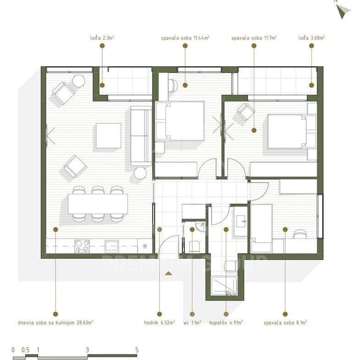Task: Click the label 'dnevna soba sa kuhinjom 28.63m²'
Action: click(x=55, y=322)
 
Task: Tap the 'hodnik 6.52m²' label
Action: click(x=160, y=322)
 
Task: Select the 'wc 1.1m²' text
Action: click(x=192, y=322)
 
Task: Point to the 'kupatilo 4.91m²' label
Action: click(x=226, y=322)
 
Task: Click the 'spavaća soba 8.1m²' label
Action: click(x=285, y=322)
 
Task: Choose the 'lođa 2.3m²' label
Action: click(x=102, y=38)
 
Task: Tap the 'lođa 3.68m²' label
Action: click(x=312, y=38)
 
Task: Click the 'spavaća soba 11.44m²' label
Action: click(x=185, y=38)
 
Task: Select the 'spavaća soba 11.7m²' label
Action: click(x=254, y=38)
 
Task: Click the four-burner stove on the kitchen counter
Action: click(x=82, y=246)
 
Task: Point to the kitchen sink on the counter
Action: click(x=112, y=246)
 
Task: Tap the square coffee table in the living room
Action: click(x=109, y=136)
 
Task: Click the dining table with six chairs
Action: click(x=98, y=204)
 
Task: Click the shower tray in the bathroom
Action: click(x=225, y=286)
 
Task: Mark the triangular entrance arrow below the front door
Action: click(x=169, y=273)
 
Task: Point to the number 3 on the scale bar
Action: click(x=87, y=350)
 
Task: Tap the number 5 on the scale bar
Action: click(x=137, y=350)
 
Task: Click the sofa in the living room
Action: click(x=141, y=136)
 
